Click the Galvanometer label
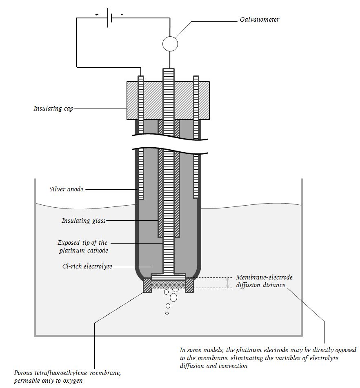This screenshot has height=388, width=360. coord(260,20)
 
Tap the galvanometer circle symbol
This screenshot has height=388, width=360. coord(170,44)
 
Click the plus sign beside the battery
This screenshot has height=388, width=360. coord(97,14)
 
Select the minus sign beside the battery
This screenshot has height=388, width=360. coord(122,15)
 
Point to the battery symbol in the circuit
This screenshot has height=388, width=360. coord(110,18)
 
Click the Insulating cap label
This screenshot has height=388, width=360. coord(53,109)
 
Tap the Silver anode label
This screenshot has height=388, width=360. coord(67,189)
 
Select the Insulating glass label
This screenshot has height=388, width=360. coord(84,220)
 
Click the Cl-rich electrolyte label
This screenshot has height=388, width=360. coord(87,266)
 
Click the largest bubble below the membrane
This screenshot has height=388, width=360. coord(173,297)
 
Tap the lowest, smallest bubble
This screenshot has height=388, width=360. coord(167,313)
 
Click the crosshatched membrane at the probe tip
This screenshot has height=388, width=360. coord(168,284)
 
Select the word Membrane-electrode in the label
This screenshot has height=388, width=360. coord(264,277)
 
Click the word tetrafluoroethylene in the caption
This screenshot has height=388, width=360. coord(62,373)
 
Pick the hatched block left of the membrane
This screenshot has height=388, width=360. coord(147,285)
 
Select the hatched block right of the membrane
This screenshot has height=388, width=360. coord(189,285)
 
